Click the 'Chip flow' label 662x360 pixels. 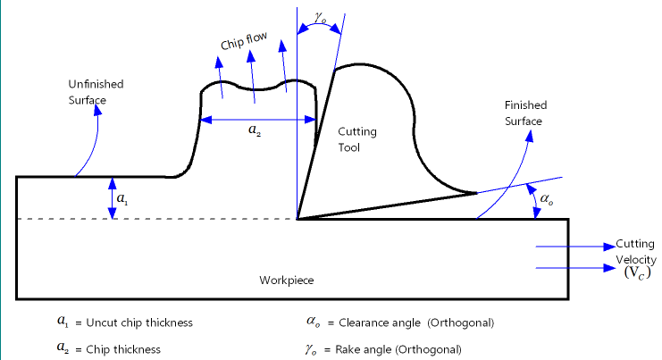pyautogui.click(x=244, y=40)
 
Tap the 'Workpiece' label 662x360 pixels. pyautogui.click(x=287, y=280)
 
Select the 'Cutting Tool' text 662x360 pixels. pyautogui.click(x=356, y=139)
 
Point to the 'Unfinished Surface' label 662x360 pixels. pyautogui.click(x=96, y=92)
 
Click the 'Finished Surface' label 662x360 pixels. pyautogui.click(x=525, y=113)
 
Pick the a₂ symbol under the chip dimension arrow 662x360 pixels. pyautogui.click(x=255, y=130)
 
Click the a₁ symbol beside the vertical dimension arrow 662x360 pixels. pyautogui.click(x=122, y=198)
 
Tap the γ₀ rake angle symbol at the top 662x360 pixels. pyautogui.click(x=321, y=18)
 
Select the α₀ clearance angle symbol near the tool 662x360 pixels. pyautogui.click(x=547, y=199)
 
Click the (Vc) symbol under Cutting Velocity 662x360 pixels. pyautogui.click(x=638, y=272)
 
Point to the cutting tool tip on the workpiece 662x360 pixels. pyautogui.click(x=297, y=219)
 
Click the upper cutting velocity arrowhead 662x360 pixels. pyautogui.click(x=609, y=247)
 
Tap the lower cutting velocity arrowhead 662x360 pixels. pyautogui.click(x=609, y=268)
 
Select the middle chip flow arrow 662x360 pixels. pyautogui.click(x=253, y=77)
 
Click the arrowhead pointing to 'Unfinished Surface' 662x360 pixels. pyautogui.click(x=98, y=110)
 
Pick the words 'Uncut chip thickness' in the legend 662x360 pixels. pyautogui.click(x=139, y=322)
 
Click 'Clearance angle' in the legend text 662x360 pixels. pyautogui.click(x=380, y=322)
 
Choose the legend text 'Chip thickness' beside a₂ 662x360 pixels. pyautogui.click(x=123, y=349)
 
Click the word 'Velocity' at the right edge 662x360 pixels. pyautogui.click(x=636, y=260)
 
